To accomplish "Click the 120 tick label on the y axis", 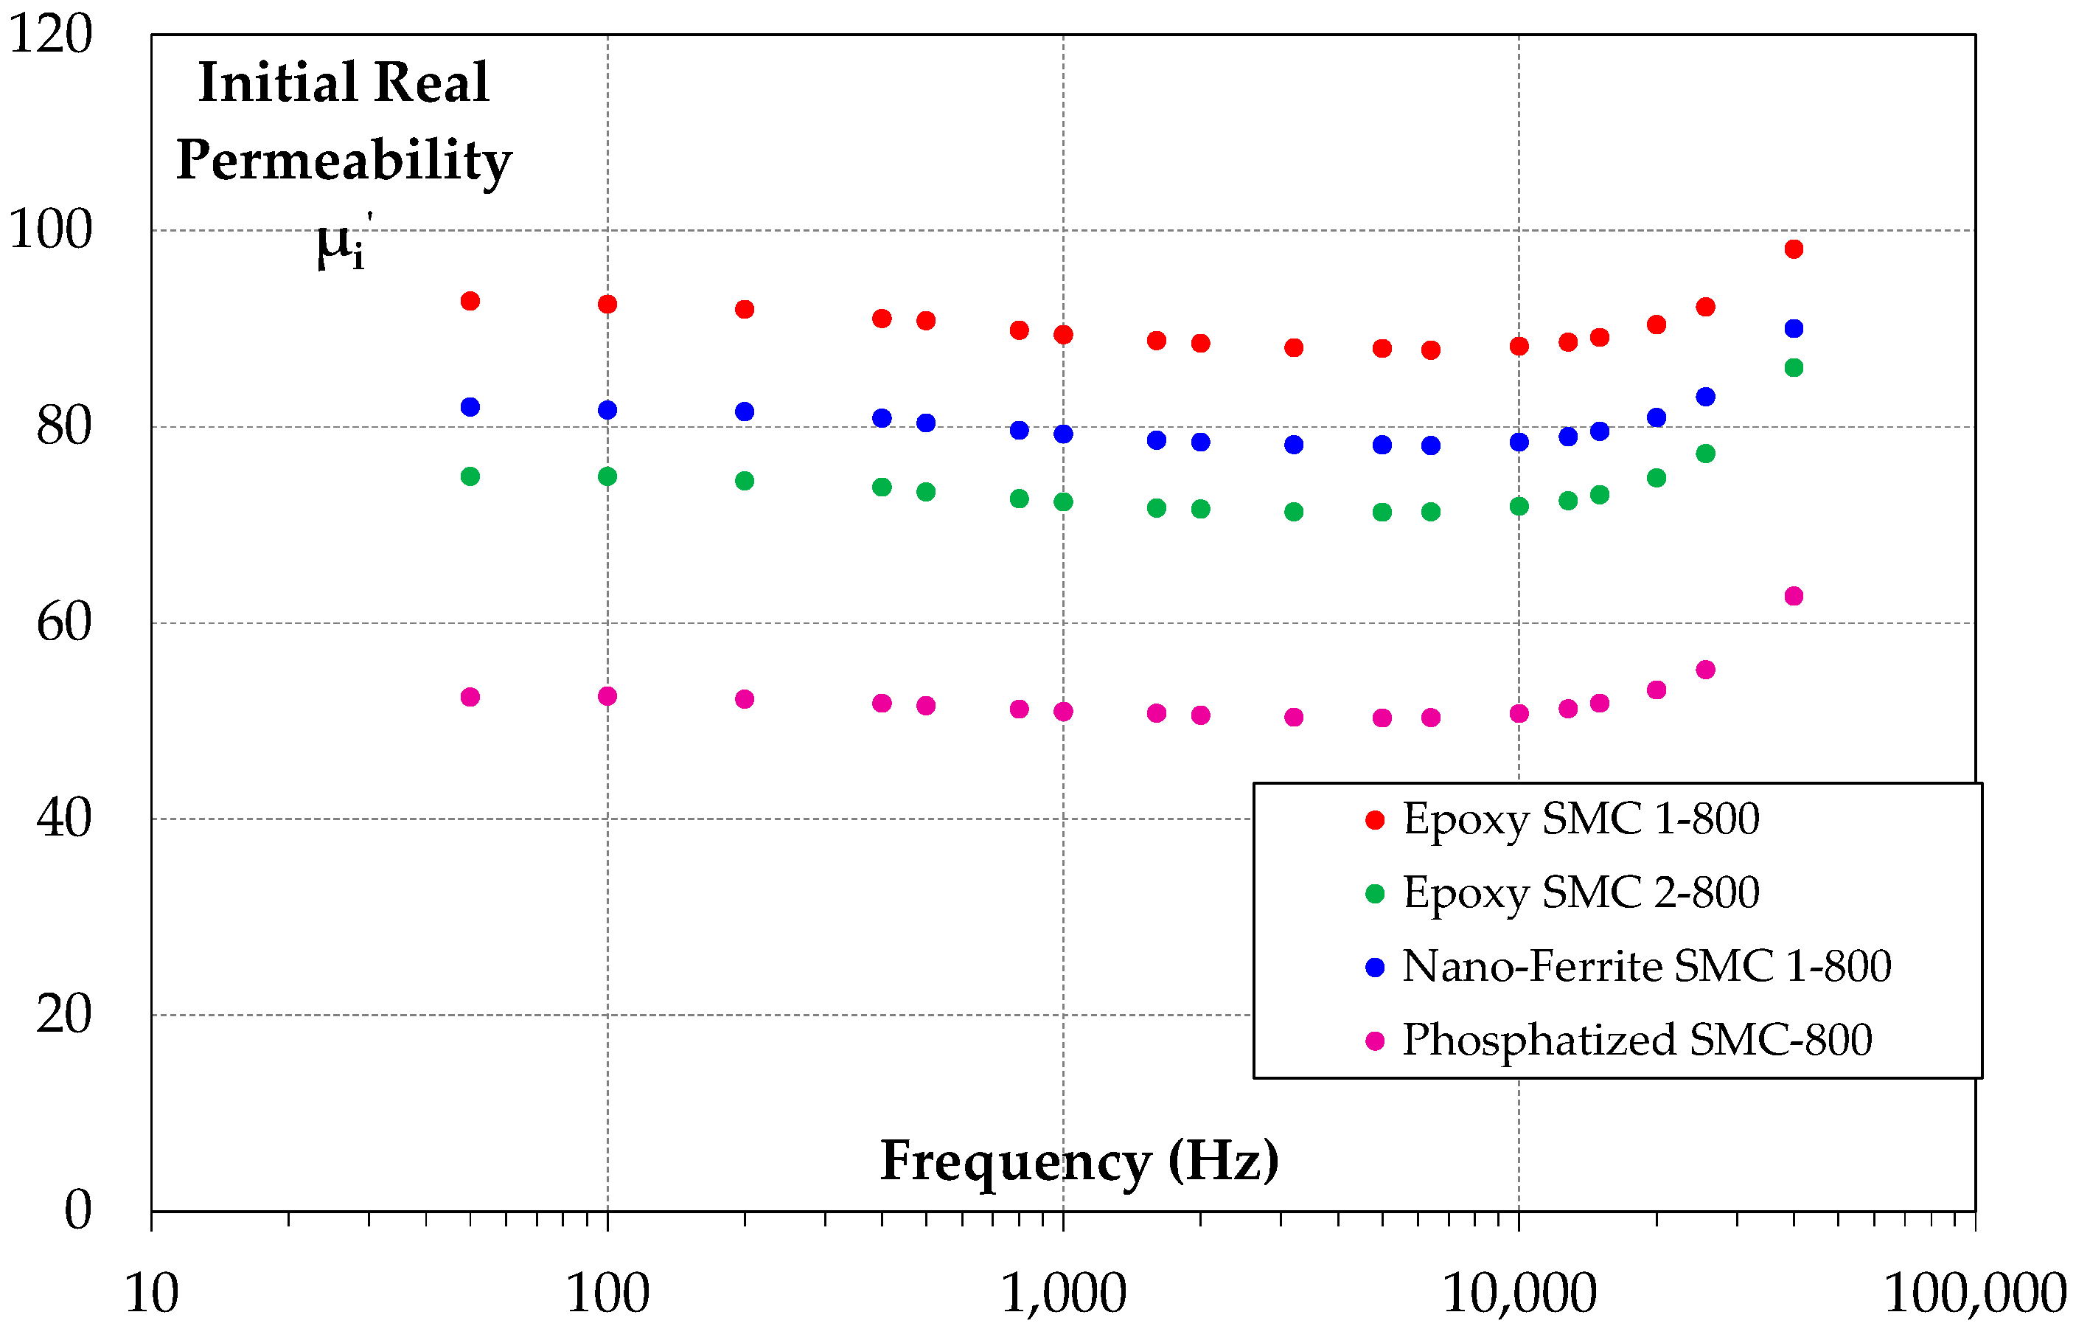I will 49,35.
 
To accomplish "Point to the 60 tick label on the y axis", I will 63,623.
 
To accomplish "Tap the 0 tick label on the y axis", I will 77,1210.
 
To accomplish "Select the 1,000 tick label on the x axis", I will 1064,1294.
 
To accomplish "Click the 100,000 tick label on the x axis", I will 1974,1294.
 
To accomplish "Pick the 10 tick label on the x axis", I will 151,1294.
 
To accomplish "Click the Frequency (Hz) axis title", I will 1079,1161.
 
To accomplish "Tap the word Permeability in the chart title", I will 344,160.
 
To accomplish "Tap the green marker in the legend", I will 1375,894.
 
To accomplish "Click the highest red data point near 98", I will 1794,249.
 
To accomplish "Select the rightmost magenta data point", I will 1794,596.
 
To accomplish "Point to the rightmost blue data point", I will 1794,329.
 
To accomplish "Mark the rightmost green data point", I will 1794,368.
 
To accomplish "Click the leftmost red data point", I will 470,301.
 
